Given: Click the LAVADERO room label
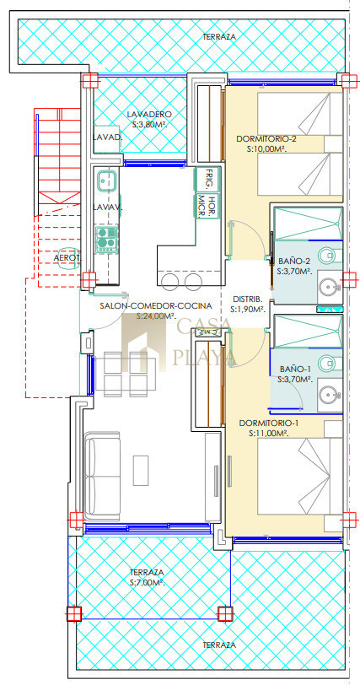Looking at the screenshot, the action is click(x=149, y=115).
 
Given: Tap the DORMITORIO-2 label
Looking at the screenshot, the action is click(x=266, y=139).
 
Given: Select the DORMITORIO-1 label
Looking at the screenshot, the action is click(x=269, y=423).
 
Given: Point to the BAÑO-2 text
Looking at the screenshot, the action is click(x=294, y=262).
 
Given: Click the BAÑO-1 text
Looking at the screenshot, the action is click(x=294, y=369).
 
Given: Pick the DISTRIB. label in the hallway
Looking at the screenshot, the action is click(x=247, y=299).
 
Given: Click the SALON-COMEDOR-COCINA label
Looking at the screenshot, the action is click(x=156, y=305).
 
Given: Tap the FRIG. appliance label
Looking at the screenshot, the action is click(x=210, y=179).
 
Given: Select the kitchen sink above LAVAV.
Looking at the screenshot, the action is click(x=106, y=180).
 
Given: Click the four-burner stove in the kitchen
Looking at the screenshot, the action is click(x=106, y=240).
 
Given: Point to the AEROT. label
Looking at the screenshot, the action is click(x=67, y=258).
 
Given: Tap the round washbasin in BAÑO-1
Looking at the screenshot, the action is click(x=327, y=395).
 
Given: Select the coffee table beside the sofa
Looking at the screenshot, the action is click(x=141, y=470).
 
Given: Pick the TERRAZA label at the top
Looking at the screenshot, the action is click(x=219, y=37).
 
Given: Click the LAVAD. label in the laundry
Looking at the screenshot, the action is click(x=107, y=138).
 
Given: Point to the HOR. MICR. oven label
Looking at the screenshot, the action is click(x=207, y=207).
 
